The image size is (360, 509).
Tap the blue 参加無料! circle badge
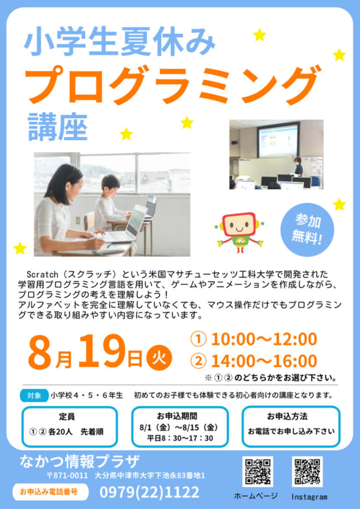coord(307,230)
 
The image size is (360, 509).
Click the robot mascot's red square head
coord(239,225)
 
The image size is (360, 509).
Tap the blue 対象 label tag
coord(34,396)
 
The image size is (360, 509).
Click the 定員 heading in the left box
coord(67,417)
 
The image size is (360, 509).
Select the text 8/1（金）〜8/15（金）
coord(179,427)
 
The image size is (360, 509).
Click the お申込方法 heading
coord(287,417)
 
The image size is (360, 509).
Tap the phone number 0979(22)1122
coord(149,492)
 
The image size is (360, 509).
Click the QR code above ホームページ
coord(258,472)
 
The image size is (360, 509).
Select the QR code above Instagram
coord(307,472)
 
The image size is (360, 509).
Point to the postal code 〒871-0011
coord(67,476)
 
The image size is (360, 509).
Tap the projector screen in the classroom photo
coord(277,141)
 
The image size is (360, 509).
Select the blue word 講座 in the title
coord(58,127)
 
